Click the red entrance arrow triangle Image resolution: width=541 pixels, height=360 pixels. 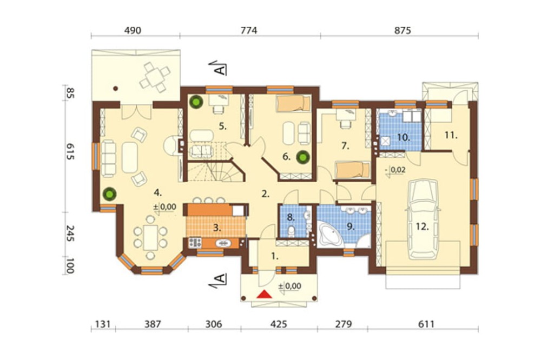(x=265, y=294)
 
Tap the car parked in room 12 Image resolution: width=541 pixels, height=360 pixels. (x=423, y=219)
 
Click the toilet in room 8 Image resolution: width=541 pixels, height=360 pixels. (x=292, y=231)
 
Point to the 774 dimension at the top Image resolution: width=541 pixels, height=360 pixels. (x=249, y=30)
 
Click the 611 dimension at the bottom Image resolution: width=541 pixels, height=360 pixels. (x=426, y=324)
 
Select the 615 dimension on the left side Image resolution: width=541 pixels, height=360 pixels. (x=70, y=152)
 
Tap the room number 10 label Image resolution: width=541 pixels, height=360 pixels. (x=404, y=137)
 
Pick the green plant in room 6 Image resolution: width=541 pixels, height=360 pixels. (x=303, y=157)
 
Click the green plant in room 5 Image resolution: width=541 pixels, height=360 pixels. (x=196, y=102)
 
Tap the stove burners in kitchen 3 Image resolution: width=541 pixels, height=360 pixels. (x=195, y=243)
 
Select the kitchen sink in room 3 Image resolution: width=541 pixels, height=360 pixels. (x=223, y=243)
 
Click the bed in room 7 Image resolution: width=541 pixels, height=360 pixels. (x=353, y=170)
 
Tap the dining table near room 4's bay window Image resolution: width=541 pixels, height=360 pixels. (x=150, y=238)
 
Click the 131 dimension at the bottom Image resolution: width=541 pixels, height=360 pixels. (x=103, y=324)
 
